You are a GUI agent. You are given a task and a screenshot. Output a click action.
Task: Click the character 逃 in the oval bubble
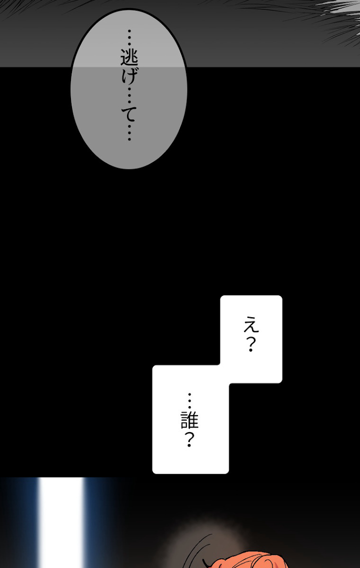[x=129, y=58]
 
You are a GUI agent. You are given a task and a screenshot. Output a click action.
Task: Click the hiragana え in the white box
[x=251, y=325]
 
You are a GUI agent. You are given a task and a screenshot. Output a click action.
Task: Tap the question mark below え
[x=251, y=345]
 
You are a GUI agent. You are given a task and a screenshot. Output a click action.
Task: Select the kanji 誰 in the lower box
[x=190, y=420]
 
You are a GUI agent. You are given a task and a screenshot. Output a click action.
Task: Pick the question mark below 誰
[x=190, y=440]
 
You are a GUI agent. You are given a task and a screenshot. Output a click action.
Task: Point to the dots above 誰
[x=190, y=400]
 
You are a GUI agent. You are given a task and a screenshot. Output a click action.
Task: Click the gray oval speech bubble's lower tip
[x=129, y=167]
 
